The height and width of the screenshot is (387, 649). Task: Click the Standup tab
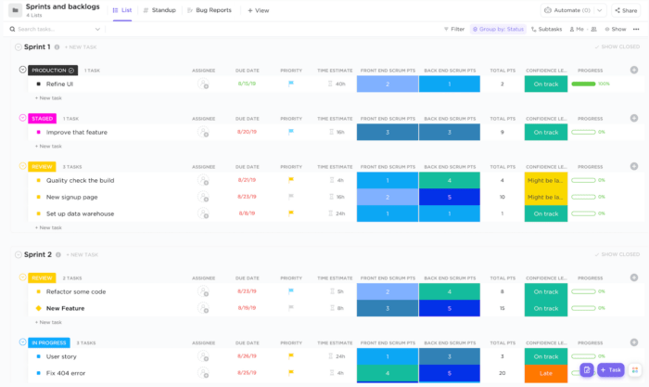159,10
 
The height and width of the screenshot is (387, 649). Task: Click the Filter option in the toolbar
453,29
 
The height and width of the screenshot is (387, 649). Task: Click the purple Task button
611,369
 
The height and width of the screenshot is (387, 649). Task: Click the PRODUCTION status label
52,70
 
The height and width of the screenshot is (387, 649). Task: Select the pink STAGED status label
43,118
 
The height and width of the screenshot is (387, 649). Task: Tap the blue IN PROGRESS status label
48,342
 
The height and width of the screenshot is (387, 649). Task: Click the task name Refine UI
59,84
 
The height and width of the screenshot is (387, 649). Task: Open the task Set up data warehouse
80,213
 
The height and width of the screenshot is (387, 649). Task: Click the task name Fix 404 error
67,373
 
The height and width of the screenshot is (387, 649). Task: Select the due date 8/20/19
247,132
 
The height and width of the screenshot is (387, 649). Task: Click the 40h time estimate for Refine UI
340,84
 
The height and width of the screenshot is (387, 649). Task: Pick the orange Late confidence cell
545,373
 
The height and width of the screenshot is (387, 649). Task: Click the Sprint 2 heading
37,253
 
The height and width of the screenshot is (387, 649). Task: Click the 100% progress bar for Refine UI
584,84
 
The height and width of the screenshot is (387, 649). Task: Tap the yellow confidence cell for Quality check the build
545,180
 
